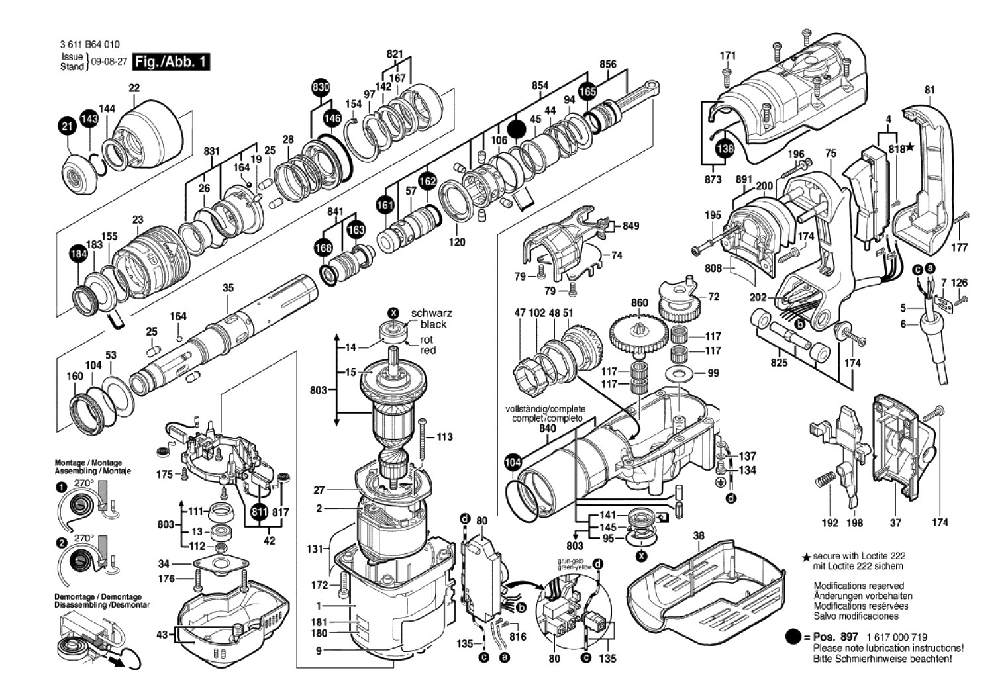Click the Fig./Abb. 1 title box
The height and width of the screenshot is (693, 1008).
171,62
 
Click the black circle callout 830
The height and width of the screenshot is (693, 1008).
321,87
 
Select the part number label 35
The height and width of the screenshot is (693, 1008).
228,288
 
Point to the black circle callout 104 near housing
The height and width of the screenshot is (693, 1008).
513,463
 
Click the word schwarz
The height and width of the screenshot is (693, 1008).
431,313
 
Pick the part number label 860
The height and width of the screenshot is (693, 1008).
639,303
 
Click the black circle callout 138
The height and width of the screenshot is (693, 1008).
726,148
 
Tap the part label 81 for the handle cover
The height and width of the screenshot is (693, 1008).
930,90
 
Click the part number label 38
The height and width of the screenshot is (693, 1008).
699,535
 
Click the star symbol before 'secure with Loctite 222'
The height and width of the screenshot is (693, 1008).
807,559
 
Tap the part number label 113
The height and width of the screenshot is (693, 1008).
444,437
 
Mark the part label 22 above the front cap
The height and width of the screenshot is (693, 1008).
134,88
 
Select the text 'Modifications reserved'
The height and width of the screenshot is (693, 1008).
858,586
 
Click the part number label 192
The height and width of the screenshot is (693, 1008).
830,523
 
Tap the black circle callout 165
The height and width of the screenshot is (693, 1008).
587,92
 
